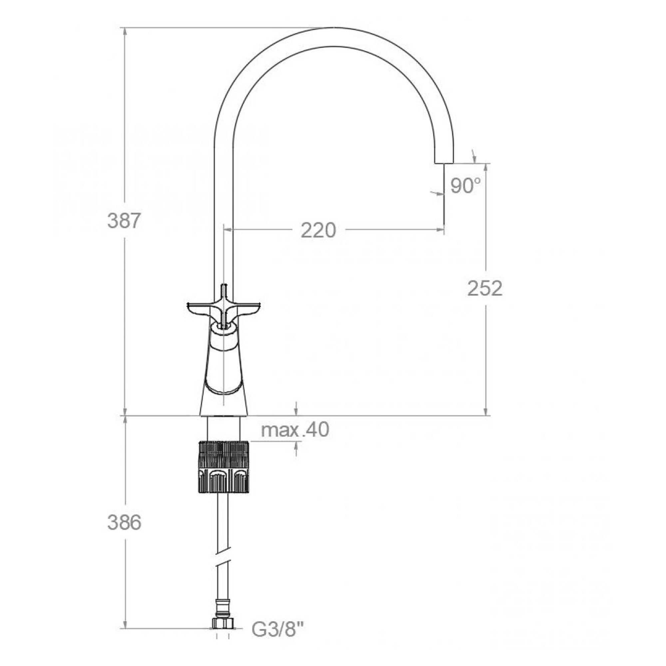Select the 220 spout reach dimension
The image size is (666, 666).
(318, 230)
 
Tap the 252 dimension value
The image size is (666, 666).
(485, 288)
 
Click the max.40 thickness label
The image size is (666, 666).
(295, 430)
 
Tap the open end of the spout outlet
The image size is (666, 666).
(444, 163)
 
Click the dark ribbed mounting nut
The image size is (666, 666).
(224, 467)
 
